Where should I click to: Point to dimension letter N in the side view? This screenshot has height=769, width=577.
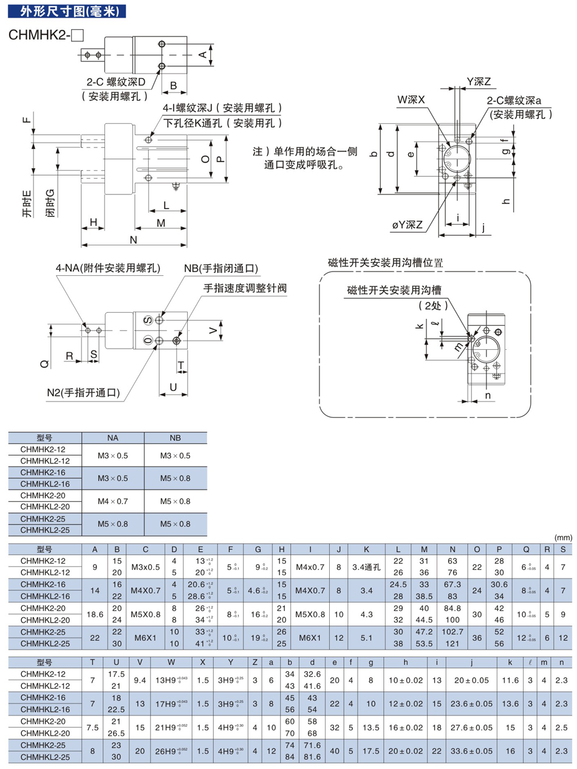tap(133, 239)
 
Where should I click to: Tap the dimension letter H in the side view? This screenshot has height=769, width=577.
tap(94, 222)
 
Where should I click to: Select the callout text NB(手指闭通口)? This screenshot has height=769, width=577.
tap(221, 268)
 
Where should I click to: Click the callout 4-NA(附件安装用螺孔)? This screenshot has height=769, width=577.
tap(108, 268)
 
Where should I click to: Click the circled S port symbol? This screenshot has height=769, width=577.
tap(147, 320)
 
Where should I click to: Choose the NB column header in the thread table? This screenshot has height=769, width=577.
tap(175, 437)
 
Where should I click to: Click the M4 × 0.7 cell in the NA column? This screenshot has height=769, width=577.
tap(113, 501)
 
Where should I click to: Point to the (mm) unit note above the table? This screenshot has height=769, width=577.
tap(562, 538)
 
